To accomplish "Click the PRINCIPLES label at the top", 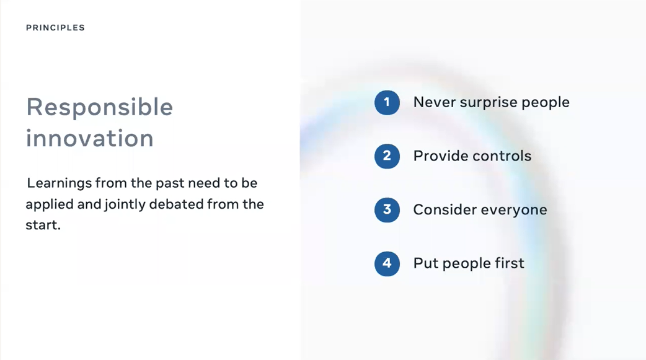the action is pos(55,28).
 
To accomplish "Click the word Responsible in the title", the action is pos(100,108).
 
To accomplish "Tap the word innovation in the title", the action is pos(90,138).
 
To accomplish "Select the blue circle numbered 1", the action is pos(387,103).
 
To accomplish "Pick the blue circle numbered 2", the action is pos(387,156).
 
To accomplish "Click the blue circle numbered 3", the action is pos(387,209).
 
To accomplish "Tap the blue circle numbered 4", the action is pos(387,263).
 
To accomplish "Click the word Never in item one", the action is pos(434,102).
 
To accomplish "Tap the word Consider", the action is pos(445,209).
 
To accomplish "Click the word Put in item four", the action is pos(425,263).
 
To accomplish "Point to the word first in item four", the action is pos(510,263).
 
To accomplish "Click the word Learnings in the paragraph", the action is pos(60,183).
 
